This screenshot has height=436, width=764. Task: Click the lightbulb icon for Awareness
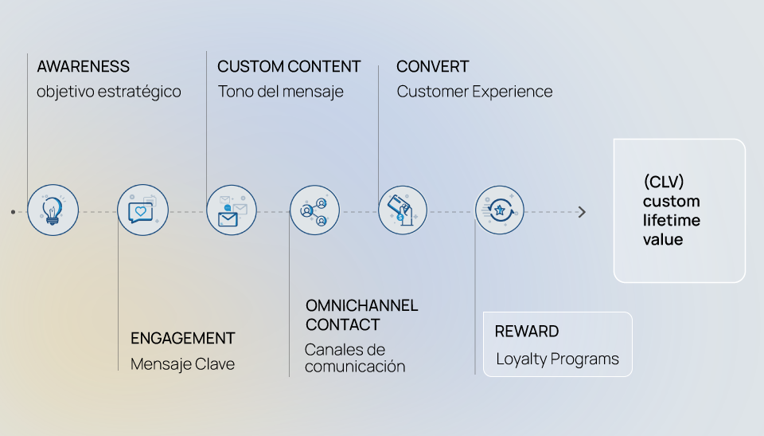(53, 210)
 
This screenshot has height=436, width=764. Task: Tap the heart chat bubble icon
(142, 210)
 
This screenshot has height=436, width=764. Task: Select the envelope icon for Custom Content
(231, 210)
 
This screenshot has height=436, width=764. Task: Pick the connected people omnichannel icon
(314, 210)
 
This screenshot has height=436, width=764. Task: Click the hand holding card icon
(402, 210)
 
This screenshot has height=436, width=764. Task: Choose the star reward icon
(500, 210)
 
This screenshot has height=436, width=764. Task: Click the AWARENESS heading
(83, 67)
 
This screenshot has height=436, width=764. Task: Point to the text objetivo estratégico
(108, 92)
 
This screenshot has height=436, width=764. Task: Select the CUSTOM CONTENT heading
(289, 67)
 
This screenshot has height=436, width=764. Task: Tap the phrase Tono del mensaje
(280, 92)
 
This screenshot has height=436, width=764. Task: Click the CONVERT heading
(432, 67)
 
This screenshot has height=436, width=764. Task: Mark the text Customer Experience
(474, 92)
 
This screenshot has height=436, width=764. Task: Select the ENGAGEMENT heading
(182, 339)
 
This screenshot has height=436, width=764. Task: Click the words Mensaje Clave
(182, 364)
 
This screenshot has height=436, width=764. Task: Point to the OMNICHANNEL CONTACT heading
(361, 315)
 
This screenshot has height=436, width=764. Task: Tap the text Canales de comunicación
(354, 358)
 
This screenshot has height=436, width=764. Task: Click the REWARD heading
(527, 332)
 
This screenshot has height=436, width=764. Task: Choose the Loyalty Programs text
(557, 359)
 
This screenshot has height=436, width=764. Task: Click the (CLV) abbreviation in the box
(664, 182)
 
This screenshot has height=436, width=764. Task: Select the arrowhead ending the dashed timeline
(582, 212)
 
